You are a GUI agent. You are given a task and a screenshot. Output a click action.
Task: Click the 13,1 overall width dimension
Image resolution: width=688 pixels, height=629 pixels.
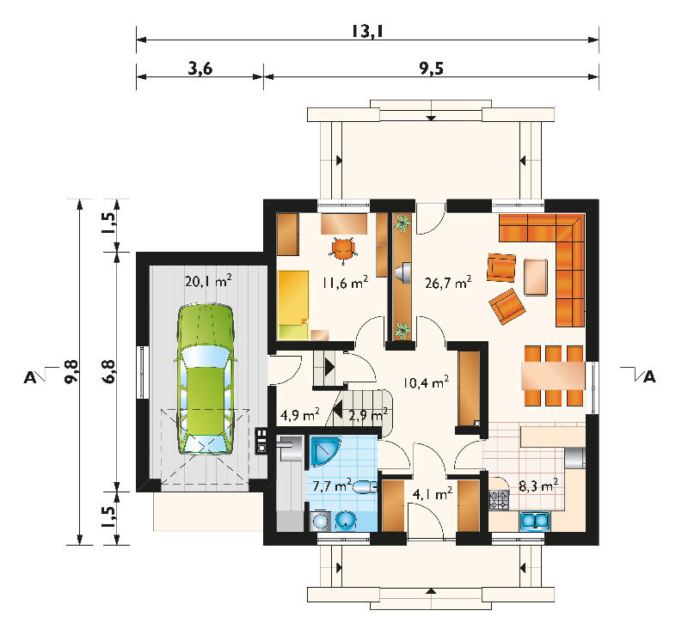tap(368, 31)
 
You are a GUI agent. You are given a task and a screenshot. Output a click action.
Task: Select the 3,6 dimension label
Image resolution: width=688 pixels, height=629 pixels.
tap(200, 69)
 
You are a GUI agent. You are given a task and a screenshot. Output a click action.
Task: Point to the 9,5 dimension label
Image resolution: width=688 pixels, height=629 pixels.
tap(432, 69)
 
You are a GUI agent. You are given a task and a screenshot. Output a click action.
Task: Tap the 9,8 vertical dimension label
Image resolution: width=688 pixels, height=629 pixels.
tap(71, 372)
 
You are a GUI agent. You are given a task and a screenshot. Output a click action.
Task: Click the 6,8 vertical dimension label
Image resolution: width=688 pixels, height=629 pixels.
tap(108, 372)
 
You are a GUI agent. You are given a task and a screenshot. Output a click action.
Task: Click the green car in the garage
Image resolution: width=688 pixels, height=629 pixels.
tap(206, 378)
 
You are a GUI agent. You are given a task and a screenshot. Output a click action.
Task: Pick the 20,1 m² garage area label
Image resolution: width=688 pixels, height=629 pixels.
tap(208, 281)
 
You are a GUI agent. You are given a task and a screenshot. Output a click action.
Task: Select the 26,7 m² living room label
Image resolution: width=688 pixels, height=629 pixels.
tap(448, 283)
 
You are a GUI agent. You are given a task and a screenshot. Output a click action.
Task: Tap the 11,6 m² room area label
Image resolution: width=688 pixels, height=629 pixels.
tap(345, 283)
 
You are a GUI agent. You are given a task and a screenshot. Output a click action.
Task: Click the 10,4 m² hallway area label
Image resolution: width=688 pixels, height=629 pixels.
tap(426, 382)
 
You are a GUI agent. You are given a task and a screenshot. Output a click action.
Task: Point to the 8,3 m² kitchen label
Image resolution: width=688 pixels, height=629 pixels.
tap(538, 485)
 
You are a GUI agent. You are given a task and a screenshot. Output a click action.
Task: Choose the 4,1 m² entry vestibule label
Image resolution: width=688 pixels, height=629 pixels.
tap(433, 494)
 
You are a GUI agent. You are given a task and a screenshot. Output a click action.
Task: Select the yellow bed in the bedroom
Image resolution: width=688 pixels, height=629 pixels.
tap(293, 305)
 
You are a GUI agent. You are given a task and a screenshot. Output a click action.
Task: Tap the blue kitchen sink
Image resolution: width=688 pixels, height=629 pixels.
tap(535, 521)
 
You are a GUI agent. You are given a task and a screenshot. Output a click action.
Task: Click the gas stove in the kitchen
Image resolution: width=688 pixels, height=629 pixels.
tap(500, 500)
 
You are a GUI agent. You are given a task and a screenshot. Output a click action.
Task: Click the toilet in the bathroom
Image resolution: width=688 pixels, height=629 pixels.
tap(364, 486)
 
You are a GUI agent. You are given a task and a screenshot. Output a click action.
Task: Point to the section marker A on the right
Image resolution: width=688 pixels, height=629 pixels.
tap(649, 376)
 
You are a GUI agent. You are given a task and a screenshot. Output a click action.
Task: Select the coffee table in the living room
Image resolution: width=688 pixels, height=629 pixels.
tap(535, 277)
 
